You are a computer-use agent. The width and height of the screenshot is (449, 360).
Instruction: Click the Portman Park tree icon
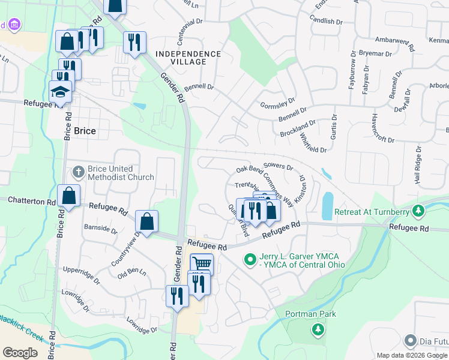pos(318,329)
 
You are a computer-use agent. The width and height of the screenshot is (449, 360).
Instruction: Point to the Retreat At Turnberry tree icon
pos(420,211)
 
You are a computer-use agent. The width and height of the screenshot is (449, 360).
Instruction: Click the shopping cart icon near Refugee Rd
pos(202,263)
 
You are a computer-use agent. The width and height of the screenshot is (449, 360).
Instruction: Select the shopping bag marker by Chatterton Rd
pos(68,196)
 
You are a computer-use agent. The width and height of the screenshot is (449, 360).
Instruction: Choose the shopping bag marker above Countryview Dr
pos(146,221)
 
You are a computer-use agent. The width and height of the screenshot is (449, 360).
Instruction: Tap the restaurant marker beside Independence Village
pos(134,41)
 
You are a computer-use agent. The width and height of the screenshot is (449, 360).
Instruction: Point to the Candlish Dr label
pos(326,20)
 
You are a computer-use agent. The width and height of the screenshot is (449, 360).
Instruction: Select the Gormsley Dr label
pos(279,103)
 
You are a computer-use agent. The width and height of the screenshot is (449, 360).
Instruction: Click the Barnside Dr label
pos(101,228)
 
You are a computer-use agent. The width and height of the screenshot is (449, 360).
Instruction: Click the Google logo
pos(20,353)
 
